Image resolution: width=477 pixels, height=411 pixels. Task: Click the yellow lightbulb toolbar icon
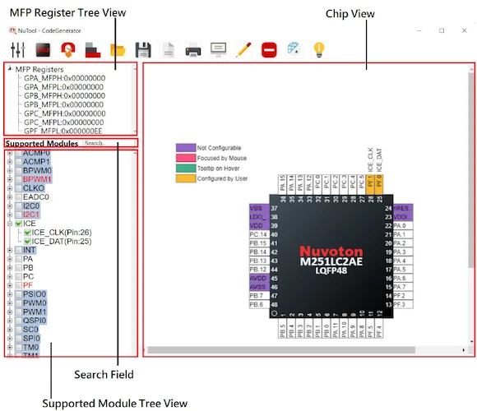point(320,48)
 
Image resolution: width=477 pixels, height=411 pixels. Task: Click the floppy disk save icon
point(143,48)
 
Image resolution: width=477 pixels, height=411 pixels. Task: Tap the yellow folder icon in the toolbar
point(118,48)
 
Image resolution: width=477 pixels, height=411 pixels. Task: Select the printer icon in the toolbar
point(193,48)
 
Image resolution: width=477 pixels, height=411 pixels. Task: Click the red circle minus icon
point(269,48)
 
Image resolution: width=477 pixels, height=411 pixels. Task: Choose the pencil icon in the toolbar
point(243,48)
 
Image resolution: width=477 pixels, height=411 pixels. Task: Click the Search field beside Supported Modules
point(109,143)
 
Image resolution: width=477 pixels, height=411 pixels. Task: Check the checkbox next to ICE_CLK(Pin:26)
point(27,232)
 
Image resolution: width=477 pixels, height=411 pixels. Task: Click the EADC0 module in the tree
point(37,196)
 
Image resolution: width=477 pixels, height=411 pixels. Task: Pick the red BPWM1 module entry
point(37,178)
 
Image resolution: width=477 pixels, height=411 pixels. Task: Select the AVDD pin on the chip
point(256,278)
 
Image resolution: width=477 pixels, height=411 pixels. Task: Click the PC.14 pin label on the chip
point(257,234)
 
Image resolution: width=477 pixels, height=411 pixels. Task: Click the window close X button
point(462,30)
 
